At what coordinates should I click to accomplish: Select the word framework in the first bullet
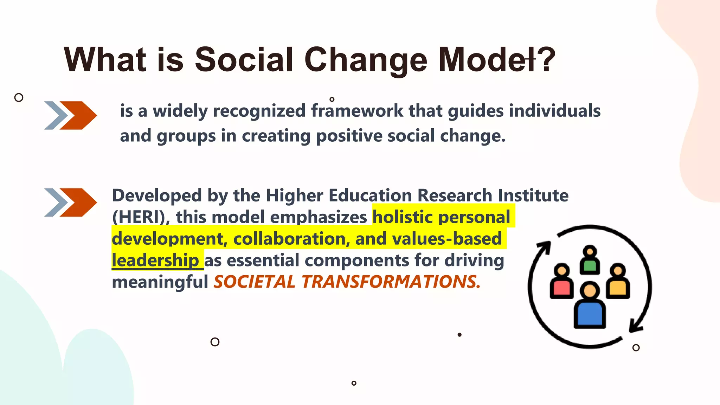click(357, 111)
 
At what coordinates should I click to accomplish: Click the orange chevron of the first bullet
click(78, 115)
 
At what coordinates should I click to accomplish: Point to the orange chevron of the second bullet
click(78, 202)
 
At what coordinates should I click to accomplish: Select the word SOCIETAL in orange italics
click(254, 282)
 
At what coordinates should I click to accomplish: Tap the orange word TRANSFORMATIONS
click(391, 282)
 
